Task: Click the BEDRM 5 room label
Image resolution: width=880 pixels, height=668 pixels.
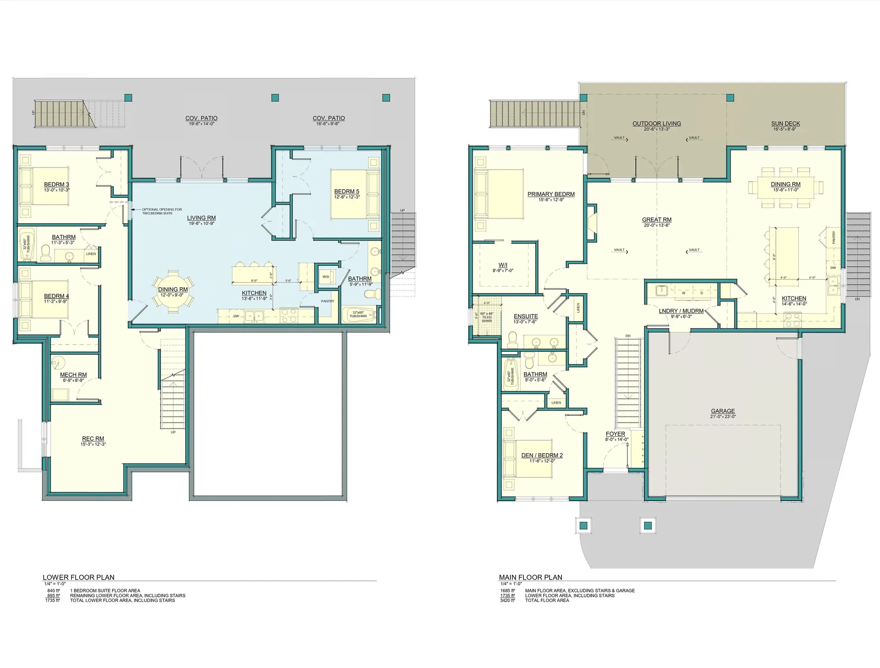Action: coord(346,192)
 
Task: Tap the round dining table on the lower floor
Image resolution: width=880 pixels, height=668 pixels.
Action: coord(173,293)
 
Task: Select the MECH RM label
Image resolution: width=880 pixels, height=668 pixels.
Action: coord(73,375)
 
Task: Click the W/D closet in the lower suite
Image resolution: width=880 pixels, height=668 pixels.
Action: coord(326,277)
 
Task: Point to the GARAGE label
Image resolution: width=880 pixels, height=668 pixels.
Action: coord(723,411)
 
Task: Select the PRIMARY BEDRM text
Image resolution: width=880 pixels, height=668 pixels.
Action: coord(551,194)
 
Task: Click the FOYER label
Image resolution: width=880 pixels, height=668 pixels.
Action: coord(615,434)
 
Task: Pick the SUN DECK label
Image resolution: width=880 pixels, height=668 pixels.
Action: coord(785,124)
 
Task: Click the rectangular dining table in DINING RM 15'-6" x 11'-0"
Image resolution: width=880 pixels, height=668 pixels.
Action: coord(785,187)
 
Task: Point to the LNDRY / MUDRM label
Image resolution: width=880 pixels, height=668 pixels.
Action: coord(681,311)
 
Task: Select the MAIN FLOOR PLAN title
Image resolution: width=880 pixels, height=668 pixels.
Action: coord(530,577)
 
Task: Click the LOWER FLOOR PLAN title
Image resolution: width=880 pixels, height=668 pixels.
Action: coord(78,577)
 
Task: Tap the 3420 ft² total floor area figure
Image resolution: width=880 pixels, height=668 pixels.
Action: coord(507,600)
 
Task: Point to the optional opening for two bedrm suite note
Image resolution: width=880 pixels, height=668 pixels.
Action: coord(161,211)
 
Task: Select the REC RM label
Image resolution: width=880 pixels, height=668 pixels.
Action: coord(93,439)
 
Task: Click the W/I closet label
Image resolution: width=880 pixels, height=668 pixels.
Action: coord(503,265)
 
